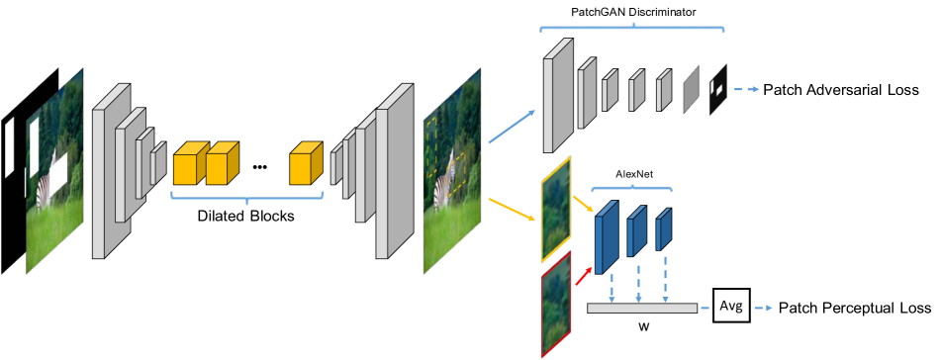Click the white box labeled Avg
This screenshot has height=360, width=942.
pos(730,307)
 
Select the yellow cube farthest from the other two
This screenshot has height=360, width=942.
pos(306,164)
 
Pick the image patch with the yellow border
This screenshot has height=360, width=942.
pos(556,210)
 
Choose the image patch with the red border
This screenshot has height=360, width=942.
pos(556,303)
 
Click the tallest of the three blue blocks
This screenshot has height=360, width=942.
pos(607,237)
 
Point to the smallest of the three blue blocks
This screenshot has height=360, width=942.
pos(663,228)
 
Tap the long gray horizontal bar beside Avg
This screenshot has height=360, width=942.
pos(641,309)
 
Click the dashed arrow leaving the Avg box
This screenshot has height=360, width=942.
pos(762,309)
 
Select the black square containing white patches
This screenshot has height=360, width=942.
pos(717,89)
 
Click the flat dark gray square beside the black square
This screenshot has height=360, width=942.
pos(692,90)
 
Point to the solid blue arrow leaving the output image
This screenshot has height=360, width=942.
pos(512,127)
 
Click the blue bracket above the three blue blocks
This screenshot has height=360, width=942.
pos(631,187)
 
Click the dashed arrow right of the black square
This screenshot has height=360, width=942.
pos(746,89)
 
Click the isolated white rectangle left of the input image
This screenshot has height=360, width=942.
pos(10,148)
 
